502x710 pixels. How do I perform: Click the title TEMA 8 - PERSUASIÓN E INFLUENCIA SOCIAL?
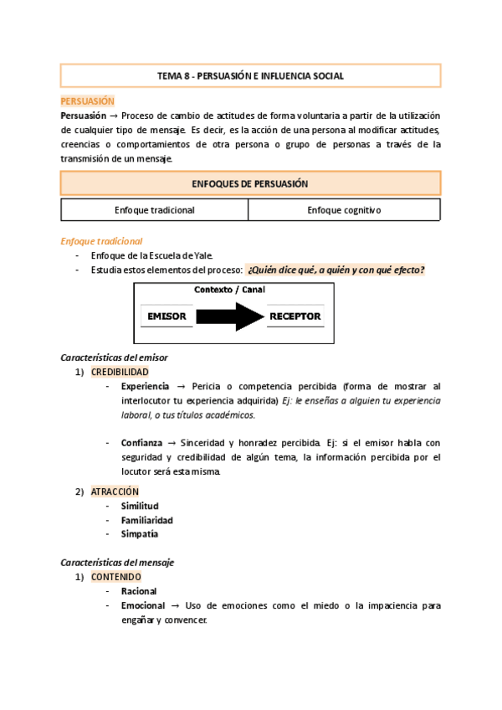pyautogui.click(x=250, y=76)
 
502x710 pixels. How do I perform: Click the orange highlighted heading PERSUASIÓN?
pyautogui.click(x=87, y=100)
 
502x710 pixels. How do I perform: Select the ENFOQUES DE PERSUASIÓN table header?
pyautogui.click(x=250, y=183)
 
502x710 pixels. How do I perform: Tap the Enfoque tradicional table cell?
pyautogui.click(x=155, y=210)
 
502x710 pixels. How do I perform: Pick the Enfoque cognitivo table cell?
pyautogui.click(x=344, y=210)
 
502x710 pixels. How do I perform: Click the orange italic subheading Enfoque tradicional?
pyautogui.click(x=101, y=241)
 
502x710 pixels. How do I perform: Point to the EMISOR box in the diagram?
pyautogui.click(x=166, y=316)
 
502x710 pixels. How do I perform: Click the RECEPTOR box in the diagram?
pyautogui.click(x=295, y=316)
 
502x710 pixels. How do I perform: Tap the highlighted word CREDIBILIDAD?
pyautogui.click(x=120, y=372)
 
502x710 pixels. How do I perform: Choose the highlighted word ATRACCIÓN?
pyautogui.click(x=115, y=491)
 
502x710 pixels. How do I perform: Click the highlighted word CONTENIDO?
pyautogui.click(x=116, y=577)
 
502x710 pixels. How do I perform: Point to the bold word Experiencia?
pyautogui.click(x=145, y=386)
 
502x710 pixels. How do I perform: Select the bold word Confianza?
pyautogui.click(x=141, y=442)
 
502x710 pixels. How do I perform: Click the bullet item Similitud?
pyautogui.click(x=140, y=506)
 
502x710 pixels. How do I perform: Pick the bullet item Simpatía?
pyautogui.click(x=140, y=534)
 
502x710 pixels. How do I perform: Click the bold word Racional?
pyautogui.click(x=139, y=591)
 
